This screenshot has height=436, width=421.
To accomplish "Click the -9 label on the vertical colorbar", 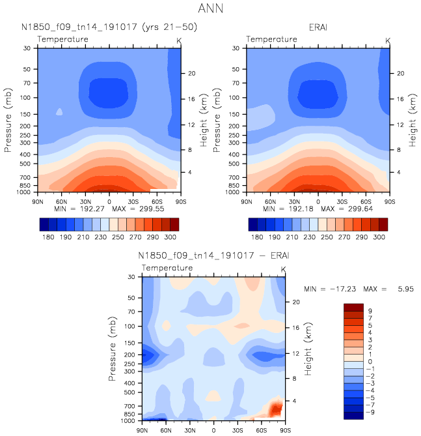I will pos(370,412).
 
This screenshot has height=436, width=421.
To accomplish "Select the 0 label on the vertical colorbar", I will pos(369,361).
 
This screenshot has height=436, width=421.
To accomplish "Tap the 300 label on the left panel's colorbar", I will pos(171,238).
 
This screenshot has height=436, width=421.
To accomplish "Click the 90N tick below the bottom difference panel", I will pos(143,431).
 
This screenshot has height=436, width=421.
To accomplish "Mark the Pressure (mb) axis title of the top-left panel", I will pos(8,119).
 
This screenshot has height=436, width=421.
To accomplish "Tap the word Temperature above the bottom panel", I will pos(167,268).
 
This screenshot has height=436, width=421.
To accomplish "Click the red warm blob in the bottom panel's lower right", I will pos(276,409).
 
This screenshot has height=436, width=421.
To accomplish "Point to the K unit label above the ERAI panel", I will pos(388,41).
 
